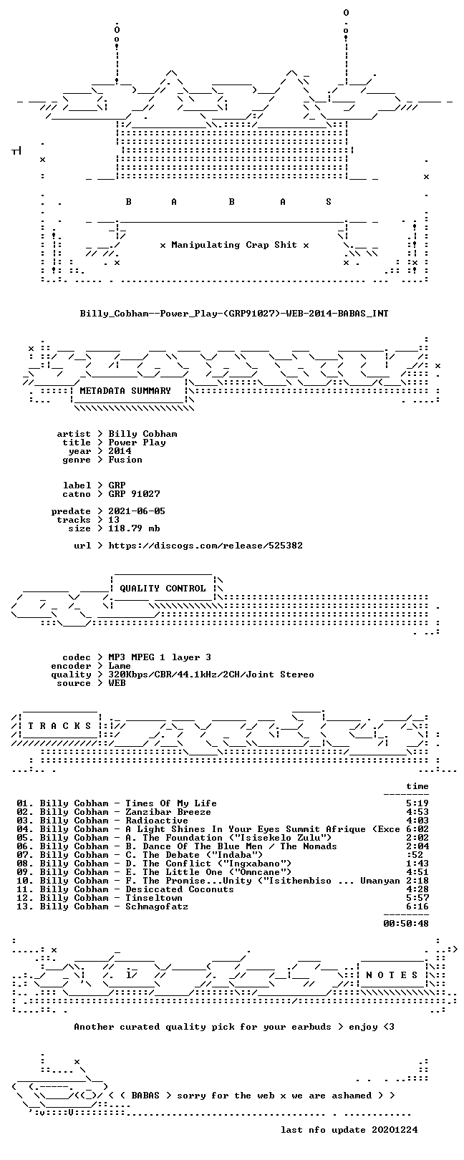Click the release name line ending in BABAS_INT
point(234,314)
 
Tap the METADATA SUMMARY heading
point(125,390)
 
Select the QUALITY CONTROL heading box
point(163,589)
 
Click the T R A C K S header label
point(59,726)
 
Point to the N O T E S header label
point(392,975)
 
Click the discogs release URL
point(206,546)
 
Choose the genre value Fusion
point(125,460)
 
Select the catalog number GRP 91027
point(134,494)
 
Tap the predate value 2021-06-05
point(137,511)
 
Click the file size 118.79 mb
point(134,528)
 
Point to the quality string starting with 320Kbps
point(211,675)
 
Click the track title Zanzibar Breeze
point(168,812)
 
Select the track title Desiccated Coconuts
point(180,889)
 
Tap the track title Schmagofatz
point(157,907)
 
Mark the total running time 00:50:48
point(406,923)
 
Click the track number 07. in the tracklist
point(24,855)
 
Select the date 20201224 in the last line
point(395,1130)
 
